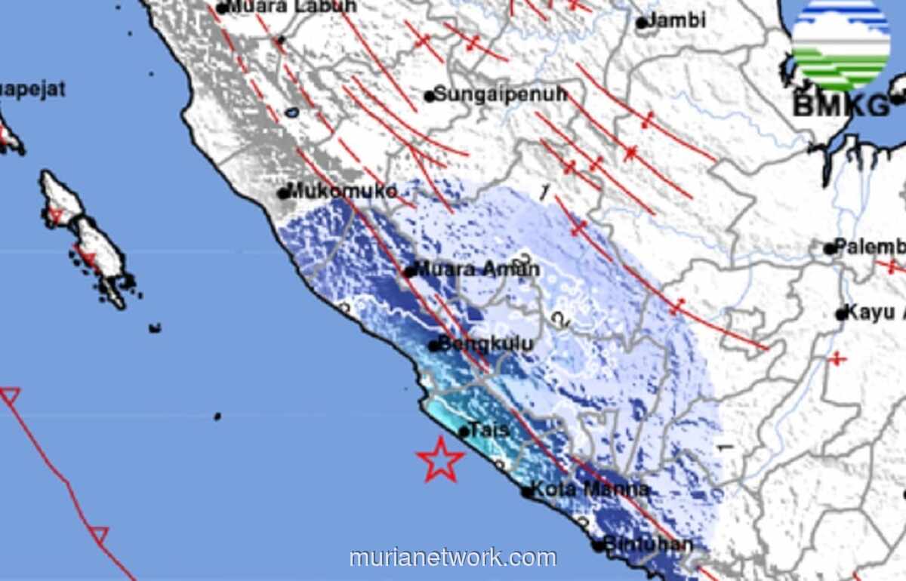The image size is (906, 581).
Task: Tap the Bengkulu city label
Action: pyautogui.click(x=487, y=344)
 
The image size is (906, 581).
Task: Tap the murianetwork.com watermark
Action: pyautogui.click(x=453, y=558)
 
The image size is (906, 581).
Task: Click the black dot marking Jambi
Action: pyautogui.click(x=641, y=23)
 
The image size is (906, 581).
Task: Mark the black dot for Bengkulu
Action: pyautogui.click(x=433, y=346)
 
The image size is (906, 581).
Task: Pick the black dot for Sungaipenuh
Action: pyautogui.click(x=429, y=96)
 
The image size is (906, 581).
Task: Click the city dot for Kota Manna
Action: pyautogui.click(x=527, y=492)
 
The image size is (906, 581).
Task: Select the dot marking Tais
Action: pyautogui.click(x=464, y=432)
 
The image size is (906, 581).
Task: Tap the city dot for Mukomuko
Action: pyautogui.click(x=283, y=193)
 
